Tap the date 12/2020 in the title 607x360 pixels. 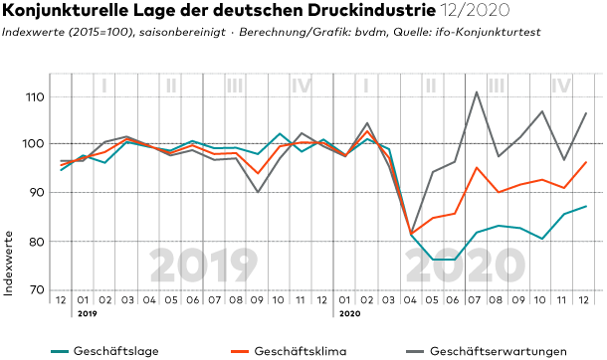pos(475,10)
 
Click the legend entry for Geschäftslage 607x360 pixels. pos(104,351)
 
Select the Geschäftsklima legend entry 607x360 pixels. pos(289,351)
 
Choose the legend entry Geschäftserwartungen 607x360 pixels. pos(487,351)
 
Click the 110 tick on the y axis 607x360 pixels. pos(35,96)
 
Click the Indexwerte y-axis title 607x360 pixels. pos(8,264)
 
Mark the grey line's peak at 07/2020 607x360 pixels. pos(477,92)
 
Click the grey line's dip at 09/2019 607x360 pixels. pos(258,192)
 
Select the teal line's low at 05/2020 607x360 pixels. pos(433,260)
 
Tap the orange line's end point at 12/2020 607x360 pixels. pos(586,162)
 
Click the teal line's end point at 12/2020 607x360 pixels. pos(586,206)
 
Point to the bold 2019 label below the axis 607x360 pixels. pos(88,313)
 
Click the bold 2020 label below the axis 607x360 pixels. pos(349,313)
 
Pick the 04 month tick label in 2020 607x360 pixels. pos(410,300)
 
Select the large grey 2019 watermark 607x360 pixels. pos(204,266)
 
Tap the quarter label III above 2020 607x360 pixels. pos(497,86)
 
